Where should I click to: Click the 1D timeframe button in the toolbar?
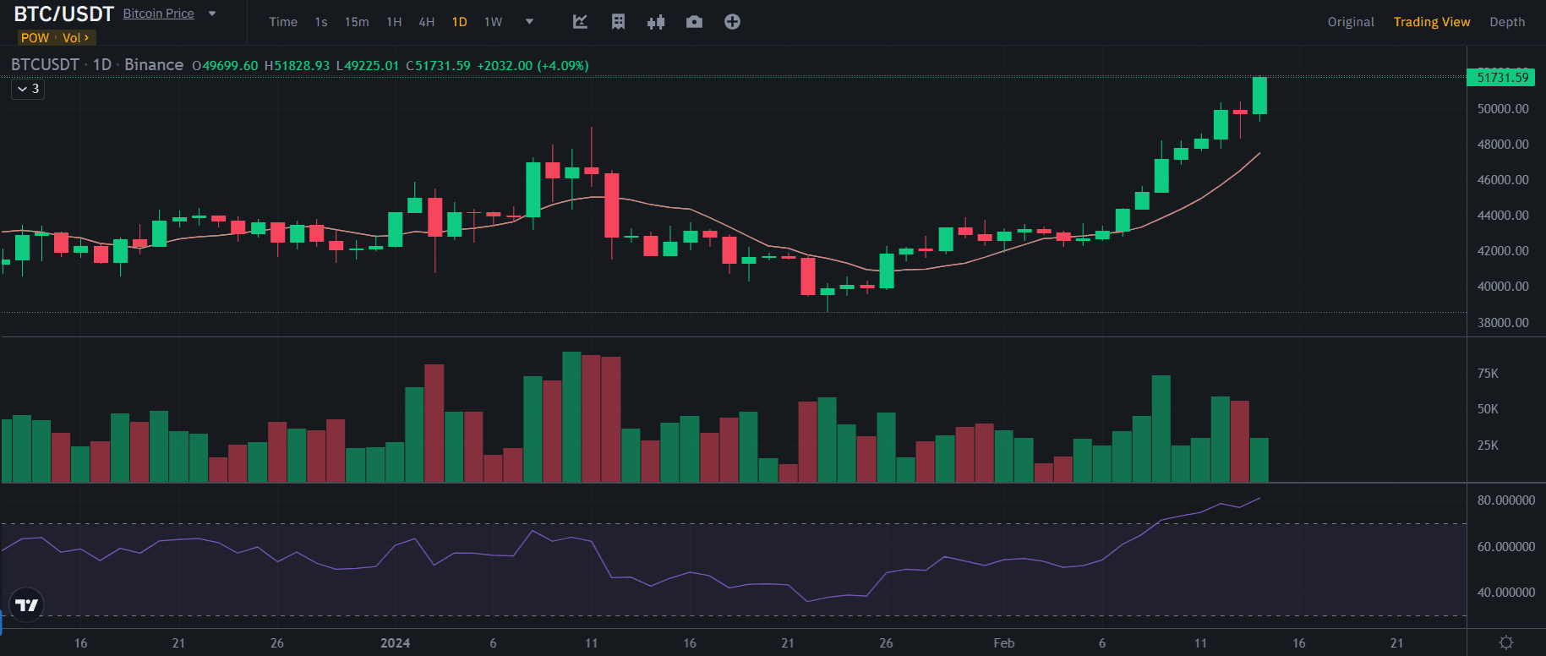coord(459,22)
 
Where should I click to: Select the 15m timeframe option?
coord(357,22)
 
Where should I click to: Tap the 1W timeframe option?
coord(493,22)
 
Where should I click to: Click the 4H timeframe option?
coord(427,22)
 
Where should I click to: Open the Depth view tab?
coord(1507,22)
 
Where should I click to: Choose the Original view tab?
coord(1351,22)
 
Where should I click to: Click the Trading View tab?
coord(1432,22)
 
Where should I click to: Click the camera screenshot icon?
coord(694,22)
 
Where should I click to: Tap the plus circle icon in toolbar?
coord(732,22)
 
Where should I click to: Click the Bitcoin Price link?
coord(158,14)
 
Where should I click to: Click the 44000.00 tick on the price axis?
coord(1503,216)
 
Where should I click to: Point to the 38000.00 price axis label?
coord(1503,323)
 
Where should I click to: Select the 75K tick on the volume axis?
coord(1488,374)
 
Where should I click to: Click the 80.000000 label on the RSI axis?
coord(1506,500)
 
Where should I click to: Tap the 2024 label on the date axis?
coord(395,643)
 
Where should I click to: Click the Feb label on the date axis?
coord(1004,643)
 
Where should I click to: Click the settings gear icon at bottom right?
coord(1506,642)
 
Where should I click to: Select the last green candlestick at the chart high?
coord(1259,95)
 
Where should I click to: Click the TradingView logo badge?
coord(27,605)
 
